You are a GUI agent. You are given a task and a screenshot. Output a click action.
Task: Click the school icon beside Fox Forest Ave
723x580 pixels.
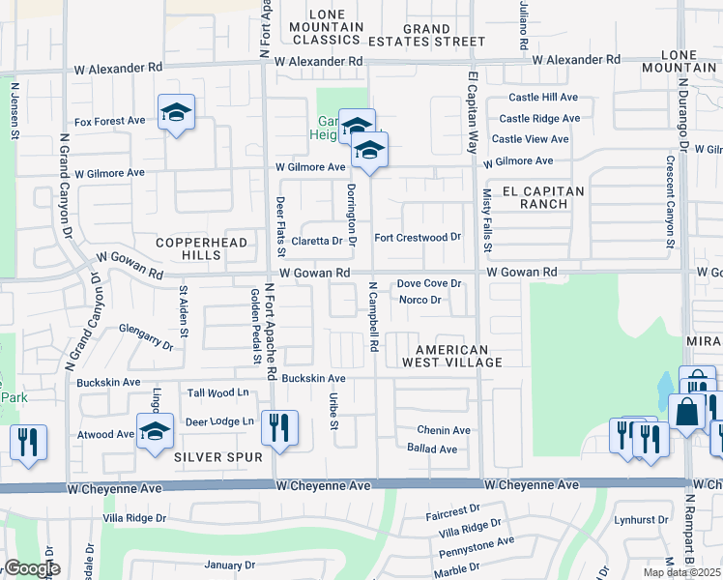click(176, 113)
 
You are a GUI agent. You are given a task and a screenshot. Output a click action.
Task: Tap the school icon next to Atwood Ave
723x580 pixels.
click(155, 432)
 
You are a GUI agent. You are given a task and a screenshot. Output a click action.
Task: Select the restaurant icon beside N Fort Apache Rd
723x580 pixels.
click(279, 428)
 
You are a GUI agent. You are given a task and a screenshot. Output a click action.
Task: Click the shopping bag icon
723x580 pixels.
click(686, 412)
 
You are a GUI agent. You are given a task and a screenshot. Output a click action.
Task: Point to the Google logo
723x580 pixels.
click(32, 568)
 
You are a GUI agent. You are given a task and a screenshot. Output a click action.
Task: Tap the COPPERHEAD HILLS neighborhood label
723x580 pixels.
click(204, 248)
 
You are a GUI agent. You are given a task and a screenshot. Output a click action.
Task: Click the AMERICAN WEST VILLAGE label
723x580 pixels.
click(458, 356)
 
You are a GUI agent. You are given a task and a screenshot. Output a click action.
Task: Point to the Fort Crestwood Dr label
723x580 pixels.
click(418, 237)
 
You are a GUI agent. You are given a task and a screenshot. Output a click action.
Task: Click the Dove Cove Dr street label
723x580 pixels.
click(429, 284)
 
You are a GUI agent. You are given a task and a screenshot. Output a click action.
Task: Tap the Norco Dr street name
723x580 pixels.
click(419, 300)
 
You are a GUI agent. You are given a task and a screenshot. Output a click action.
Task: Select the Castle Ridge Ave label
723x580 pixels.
click(538, 118)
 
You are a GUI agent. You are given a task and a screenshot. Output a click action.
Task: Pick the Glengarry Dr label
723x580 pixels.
click(147, 337)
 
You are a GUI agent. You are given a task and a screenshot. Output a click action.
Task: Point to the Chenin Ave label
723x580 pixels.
click(444, 430)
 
